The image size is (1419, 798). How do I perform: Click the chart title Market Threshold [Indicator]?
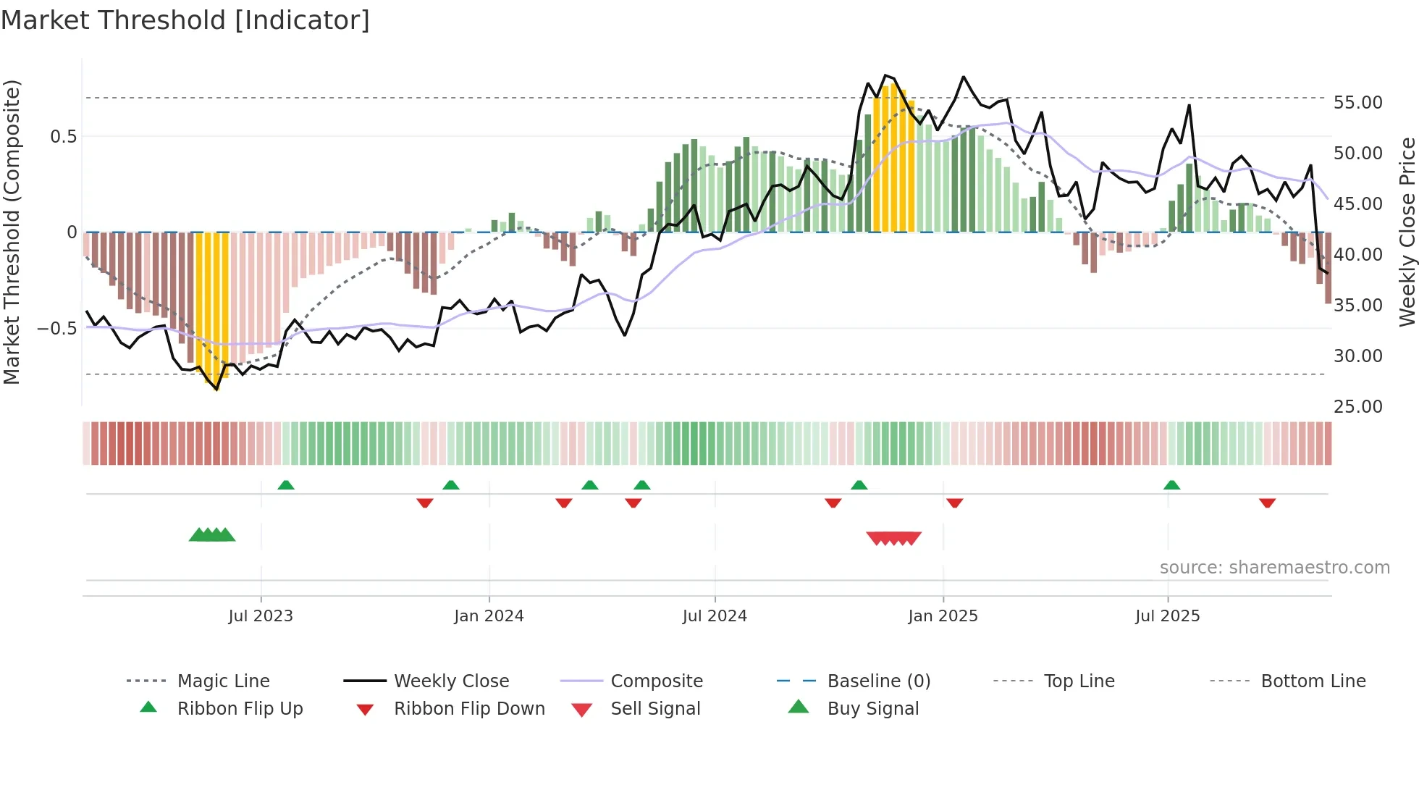185,20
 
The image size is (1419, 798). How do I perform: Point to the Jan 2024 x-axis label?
489,616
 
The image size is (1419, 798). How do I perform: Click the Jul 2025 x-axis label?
1167,616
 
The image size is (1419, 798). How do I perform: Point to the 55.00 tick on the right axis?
1357,103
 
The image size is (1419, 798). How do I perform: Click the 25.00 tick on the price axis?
1357,407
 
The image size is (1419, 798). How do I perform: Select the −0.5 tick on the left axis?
56,329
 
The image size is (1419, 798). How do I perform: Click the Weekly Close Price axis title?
1406,232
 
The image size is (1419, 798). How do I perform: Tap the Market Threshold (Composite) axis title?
12,232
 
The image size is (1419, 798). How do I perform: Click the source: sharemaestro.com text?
1274,568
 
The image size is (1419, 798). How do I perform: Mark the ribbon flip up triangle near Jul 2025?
1171,485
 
